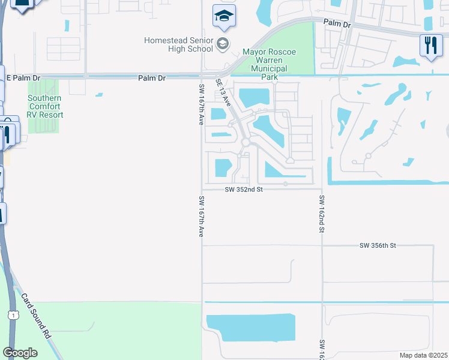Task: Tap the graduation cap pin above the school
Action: coord(224,16)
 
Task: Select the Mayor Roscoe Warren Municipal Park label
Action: coord(265,64)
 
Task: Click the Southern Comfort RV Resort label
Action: coord(44,106)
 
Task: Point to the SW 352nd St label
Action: coord(244,190)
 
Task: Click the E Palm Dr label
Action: coord(23,78)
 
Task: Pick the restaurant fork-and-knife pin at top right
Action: coord(430,46)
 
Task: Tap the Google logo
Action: coord(19,353)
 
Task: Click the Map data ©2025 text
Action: coord(424,355)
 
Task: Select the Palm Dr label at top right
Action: coord(336,23)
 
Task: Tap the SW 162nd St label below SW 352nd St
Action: coord(322,214)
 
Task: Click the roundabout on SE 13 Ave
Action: coord(246,142)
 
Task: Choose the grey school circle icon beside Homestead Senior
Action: coord(223,43)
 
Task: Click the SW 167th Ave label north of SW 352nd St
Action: coord(201,104)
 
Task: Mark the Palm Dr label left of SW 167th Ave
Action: coord(151,78)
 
